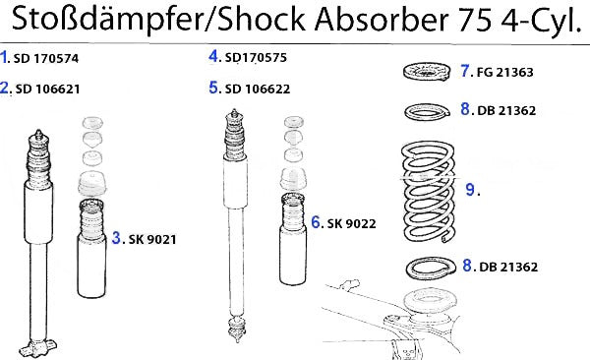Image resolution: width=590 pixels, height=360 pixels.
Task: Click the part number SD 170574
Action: coord(46,58)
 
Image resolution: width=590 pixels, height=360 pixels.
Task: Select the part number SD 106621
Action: coord(47,89)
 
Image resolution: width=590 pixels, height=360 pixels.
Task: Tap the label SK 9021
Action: coord(152,239)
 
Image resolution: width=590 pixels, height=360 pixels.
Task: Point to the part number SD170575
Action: coord(256,57)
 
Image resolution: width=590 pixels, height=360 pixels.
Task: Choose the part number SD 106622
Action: coord(258,89)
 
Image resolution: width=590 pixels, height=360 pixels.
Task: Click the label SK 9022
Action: coord(351,223)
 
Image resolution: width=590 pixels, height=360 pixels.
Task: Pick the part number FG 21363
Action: coord(505,72)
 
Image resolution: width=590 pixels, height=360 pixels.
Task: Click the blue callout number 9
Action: coord(470,189)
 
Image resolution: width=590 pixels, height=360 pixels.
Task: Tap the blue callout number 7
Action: coord(465,71)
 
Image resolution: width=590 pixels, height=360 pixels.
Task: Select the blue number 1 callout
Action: coord(4,57)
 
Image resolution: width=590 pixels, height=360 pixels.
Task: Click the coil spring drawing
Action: coord(429,192)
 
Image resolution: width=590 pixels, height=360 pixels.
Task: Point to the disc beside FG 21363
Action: coord(427,71)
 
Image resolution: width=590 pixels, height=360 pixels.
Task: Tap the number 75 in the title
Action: coord(474,20)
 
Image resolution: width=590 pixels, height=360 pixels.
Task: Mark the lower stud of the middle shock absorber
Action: coord(237,329)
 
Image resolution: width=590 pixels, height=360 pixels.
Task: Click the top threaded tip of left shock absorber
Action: coord(38,134)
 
